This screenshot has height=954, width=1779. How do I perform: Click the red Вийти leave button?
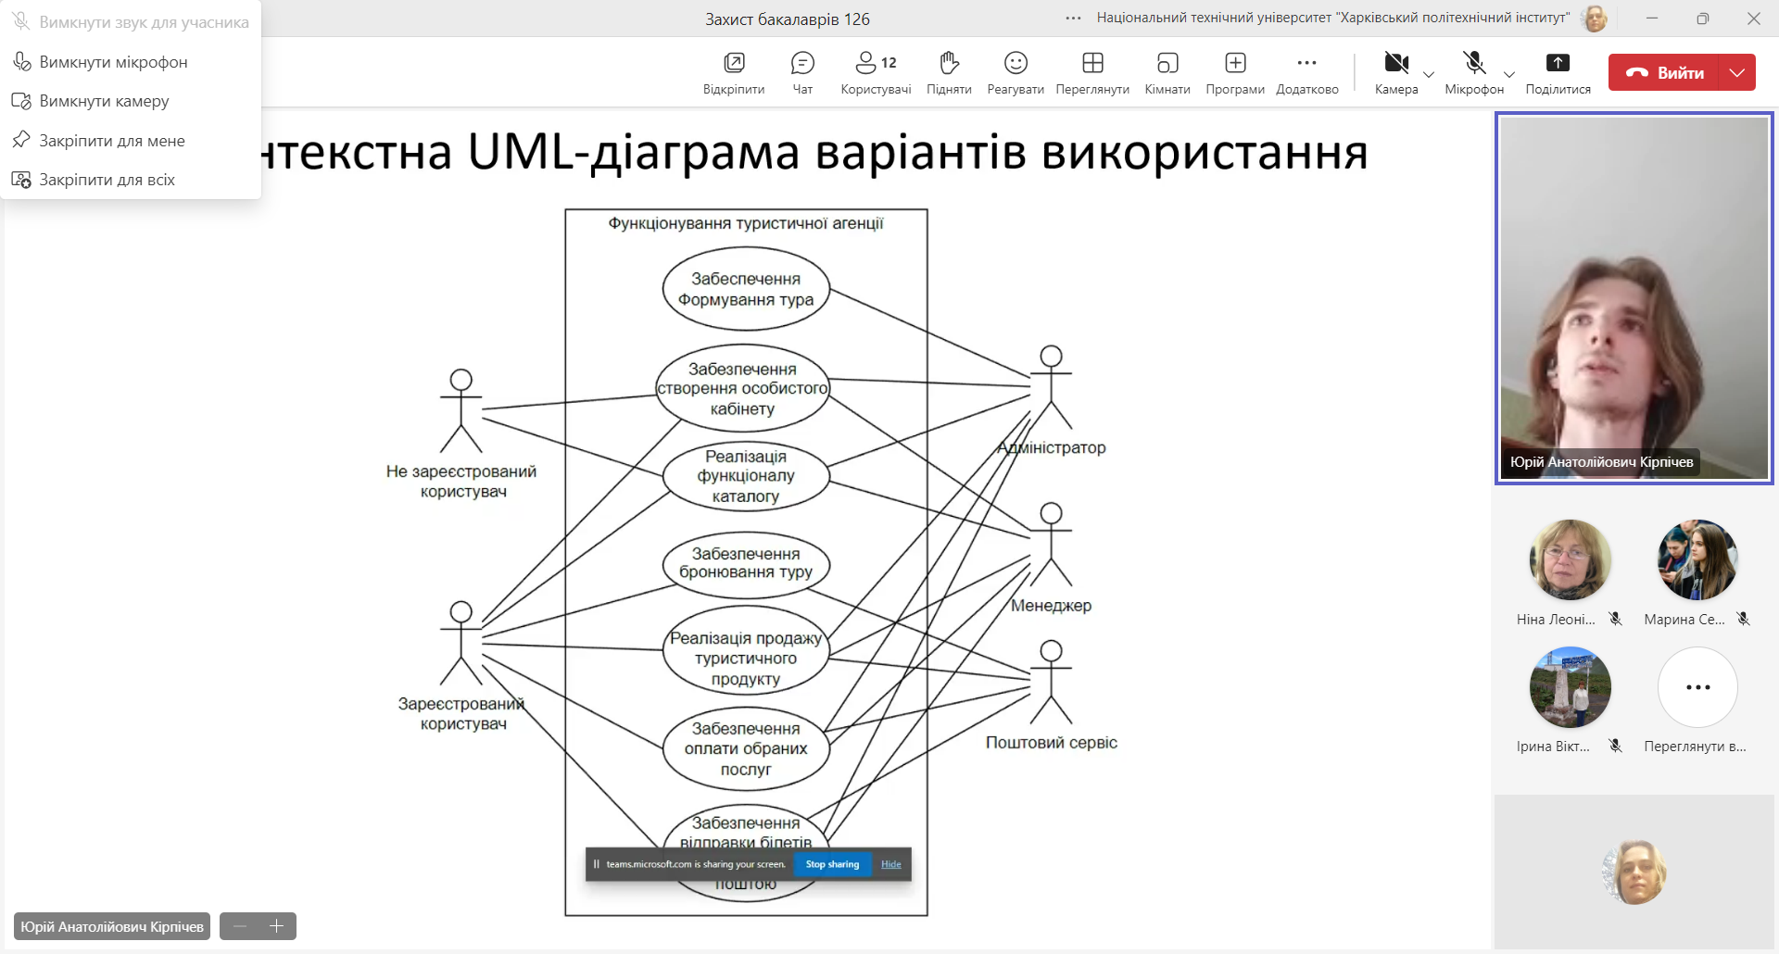coord(1664,72)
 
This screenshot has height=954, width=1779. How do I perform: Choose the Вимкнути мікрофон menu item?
coord(113,62)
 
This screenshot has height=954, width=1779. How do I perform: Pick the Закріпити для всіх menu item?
coord(107,180)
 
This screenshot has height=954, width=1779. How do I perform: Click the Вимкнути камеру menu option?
coord(104,101)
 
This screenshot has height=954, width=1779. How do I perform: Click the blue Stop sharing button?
coord(832,864)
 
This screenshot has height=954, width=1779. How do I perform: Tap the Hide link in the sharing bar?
coord(891,864)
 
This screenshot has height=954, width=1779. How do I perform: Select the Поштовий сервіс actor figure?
coord(1051,682)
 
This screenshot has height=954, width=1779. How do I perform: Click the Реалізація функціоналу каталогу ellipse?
coord(746,476)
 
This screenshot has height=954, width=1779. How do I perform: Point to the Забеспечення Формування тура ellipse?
coord(746,289)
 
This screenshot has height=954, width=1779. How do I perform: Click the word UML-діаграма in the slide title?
coord(633,152)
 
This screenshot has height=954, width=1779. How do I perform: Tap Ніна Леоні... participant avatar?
coord(1570,559)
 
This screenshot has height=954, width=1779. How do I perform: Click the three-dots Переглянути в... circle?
coord(1697,687)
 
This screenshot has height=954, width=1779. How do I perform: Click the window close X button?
coord(1753,19)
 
